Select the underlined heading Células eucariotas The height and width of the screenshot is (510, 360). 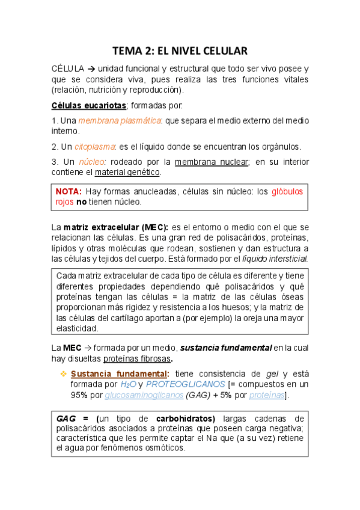88,106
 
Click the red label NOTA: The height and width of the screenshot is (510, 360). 69,192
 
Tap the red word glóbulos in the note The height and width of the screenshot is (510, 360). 287,192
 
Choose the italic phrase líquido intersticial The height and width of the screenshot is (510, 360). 276,258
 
